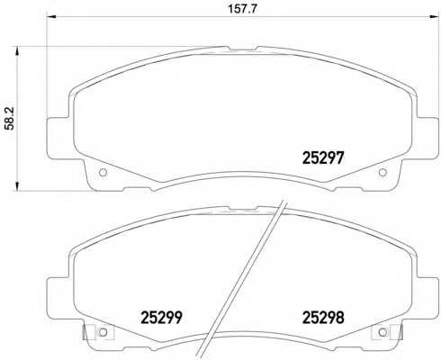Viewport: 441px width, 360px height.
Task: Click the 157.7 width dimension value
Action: tap(243, 9)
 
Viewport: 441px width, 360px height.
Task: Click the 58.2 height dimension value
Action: tap(10, 118)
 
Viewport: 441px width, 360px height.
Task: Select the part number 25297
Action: tap(322, 157)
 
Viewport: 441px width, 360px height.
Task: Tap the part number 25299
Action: tap(161, 318)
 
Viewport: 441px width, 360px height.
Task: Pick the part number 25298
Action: tap(323, 318)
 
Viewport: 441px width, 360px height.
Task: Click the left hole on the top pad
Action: tap(103, 173)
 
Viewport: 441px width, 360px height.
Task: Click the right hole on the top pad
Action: tap(382, 173)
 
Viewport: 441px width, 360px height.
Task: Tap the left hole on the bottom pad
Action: tap(103, 332)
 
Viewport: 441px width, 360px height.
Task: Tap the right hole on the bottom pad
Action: tap(382, 332)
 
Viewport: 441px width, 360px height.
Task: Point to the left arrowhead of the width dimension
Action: tap(50, 17)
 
